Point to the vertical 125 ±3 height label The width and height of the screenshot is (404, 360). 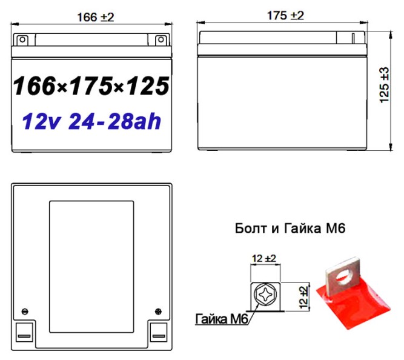[x=385, y=85]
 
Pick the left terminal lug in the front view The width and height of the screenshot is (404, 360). [x=22, y=40]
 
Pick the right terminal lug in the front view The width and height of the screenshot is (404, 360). [x=161, y=40]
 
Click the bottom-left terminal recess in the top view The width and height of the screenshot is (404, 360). [x=24, y=332]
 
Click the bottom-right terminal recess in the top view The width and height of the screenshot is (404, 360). [x=159, y=332]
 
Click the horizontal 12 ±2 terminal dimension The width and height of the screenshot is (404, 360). [x=264, y=259]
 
